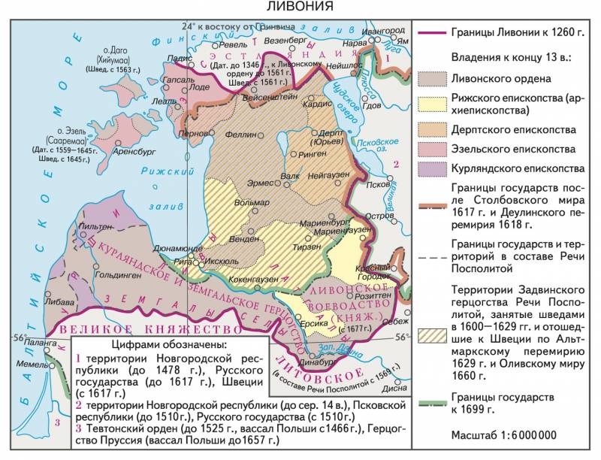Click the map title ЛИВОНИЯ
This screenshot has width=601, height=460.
click(300, 7)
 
